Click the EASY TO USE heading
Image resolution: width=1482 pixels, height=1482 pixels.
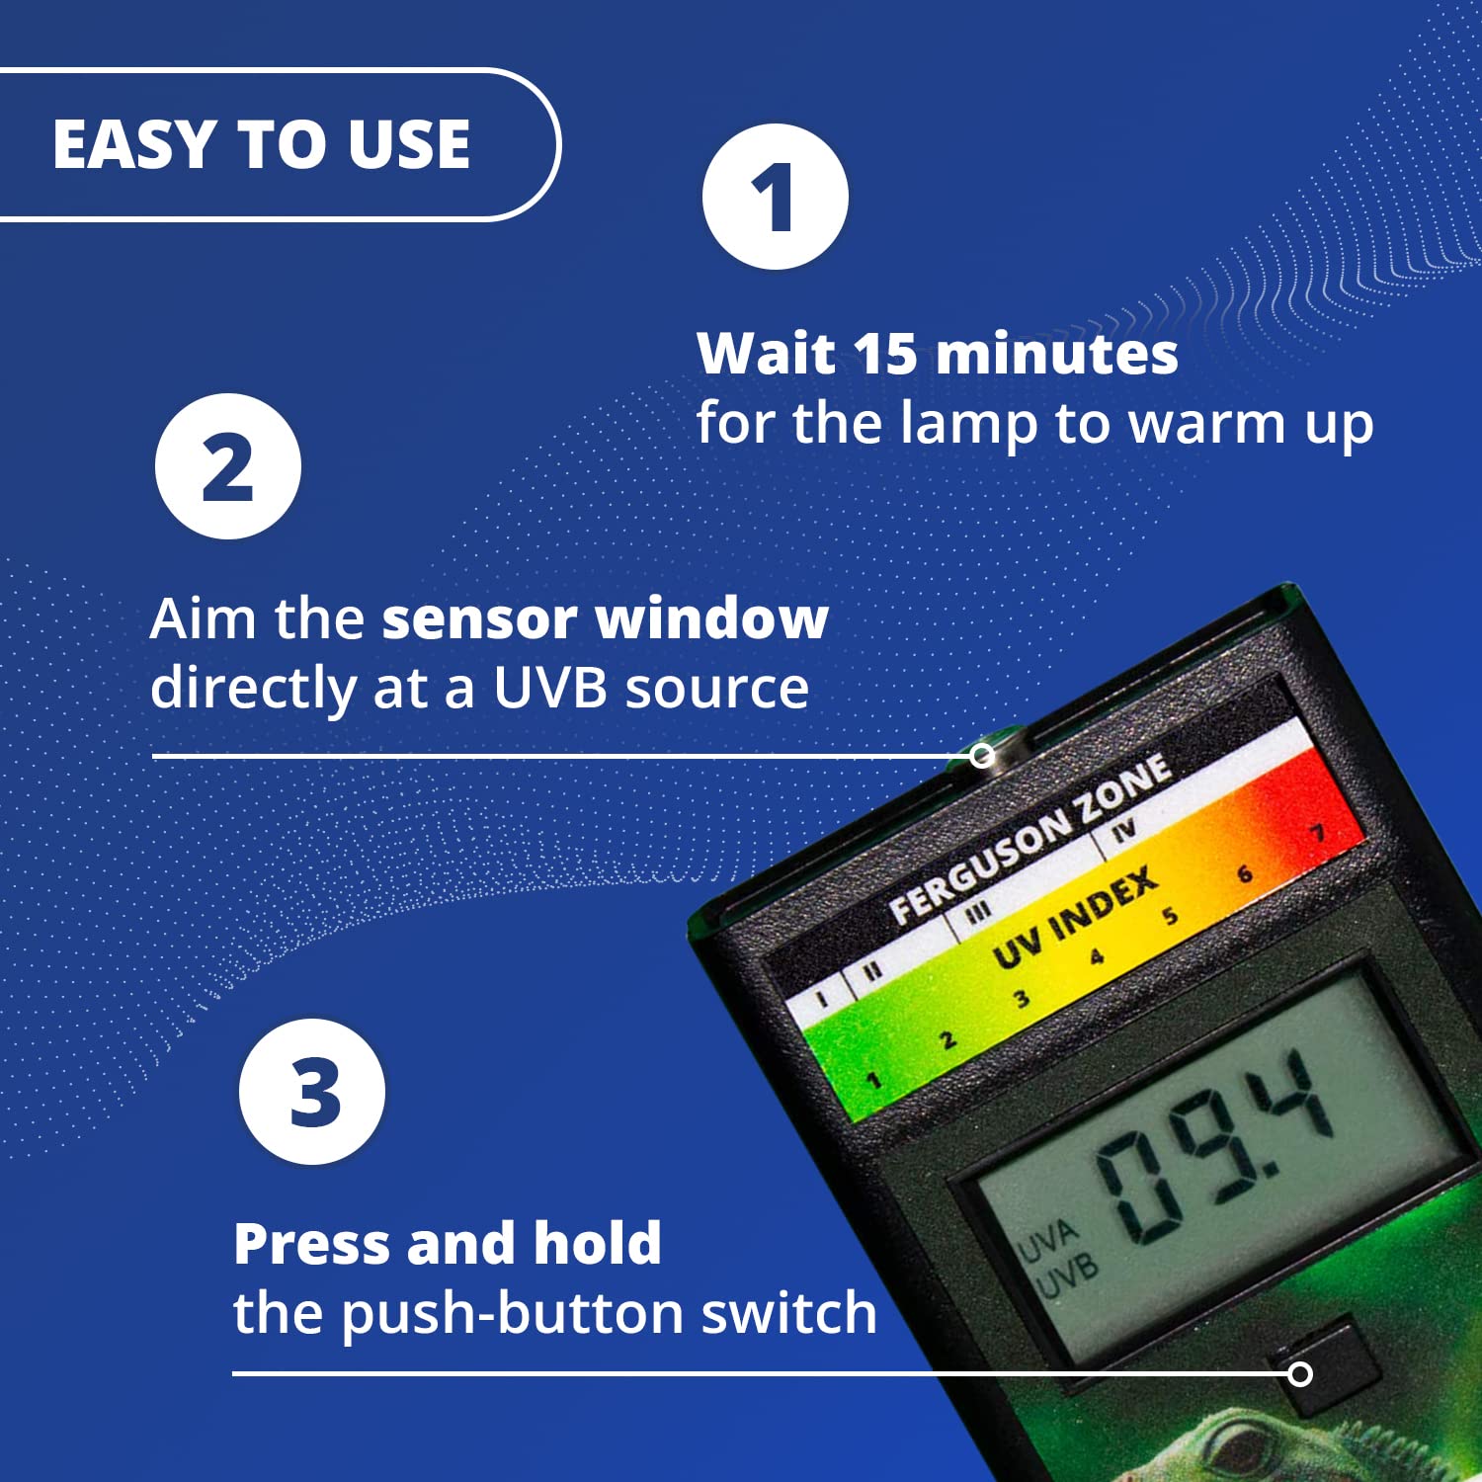pyautogui.click(x=262, y=144)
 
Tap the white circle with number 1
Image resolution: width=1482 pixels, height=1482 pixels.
pyautogui.click(x=776, y=197)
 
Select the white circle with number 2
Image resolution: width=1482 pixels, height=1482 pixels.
pyautogui.click(x=228, y=466)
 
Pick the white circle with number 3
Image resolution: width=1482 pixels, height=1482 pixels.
pyautogui.click(x=312, y=1092)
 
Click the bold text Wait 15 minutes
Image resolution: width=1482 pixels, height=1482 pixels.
pyautogui.click(x=937, y=353)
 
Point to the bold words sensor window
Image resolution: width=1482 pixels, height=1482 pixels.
pyautogui.click(x=605, y=618)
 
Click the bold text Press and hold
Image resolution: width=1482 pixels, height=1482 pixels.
pyautogui.click(x=447, y=1243)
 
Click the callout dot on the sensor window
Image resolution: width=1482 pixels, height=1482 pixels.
pyautogui.click(x=981, y=756)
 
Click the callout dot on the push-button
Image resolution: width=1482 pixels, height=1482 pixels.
pyautogui.click(x=1301, y=1373)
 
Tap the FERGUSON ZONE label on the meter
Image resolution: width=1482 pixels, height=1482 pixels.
pyautogui.click(x=1030, y=840)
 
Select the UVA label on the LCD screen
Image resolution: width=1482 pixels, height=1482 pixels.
pyautogui.click(x=1048, y=1239)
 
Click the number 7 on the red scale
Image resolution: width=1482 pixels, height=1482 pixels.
pyautogui.click(x=1318, y=833)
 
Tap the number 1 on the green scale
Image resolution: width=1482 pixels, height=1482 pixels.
pyautogui.click(x=873, y=1081)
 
